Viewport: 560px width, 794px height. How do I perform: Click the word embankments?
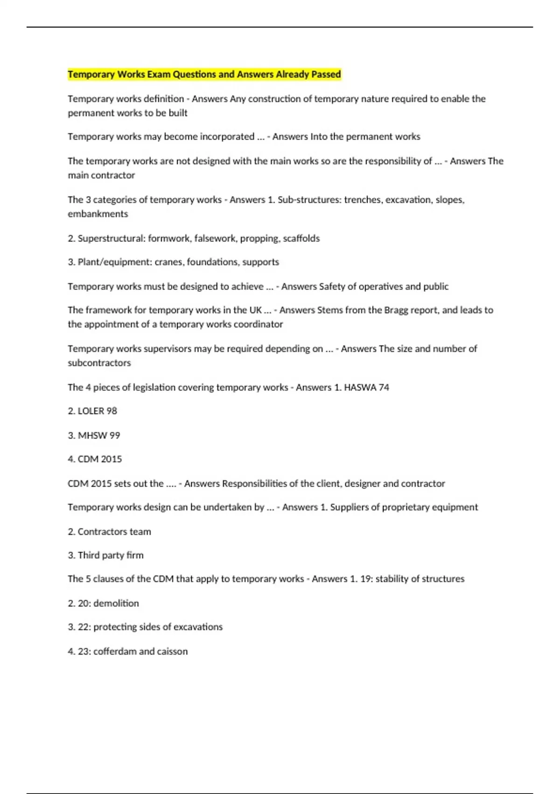click(x=98, y=214)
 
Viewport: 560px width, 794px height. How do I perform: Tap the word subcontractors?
click(x=99, y=363)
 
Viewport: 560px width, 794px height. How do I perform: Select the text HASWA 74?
click(x=366, y=387)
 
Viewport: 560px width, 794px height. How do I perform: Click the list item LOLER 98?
click(x=92, y=411)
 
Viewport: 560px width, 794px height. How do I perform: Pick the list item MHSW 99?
click(x=94, y=435)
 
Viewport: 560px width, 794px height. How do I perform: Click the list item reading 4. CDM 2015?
click(x=95, y=459)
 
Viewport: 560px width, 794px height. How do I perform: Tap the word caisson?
click(x=172, y=652)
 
